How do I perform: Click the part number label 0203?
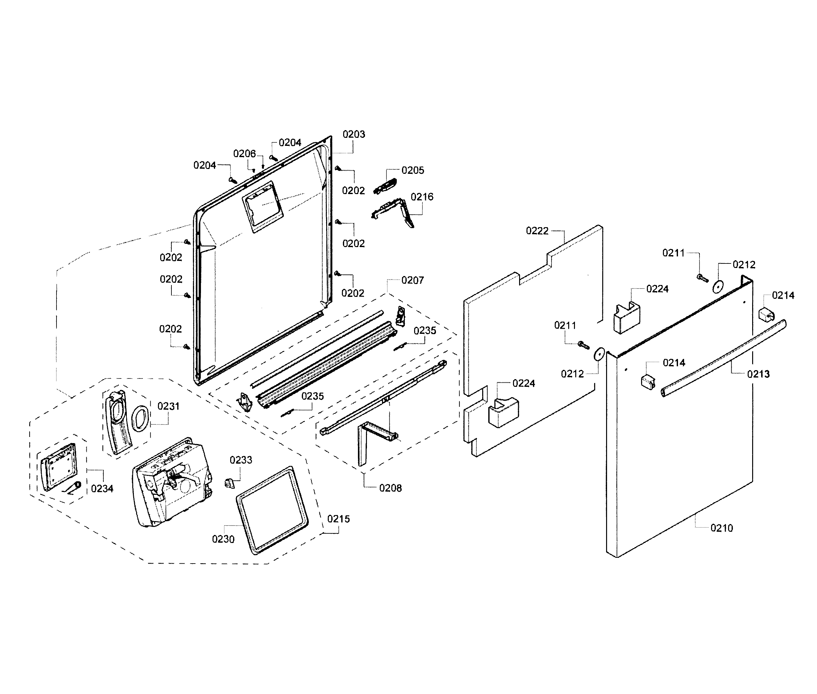[x=354, y=135]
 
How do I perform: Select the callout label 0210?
[x=722, y=528]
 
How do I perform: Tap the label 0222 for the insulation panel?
[x=537, y=231]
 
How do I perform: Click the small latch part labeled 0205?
[x=386, y=186]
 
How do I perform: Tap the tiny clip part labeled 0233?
[x=230, y=482]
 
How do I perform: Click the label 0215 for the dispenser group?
[x=338, y=519]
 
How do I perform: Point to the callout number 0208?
[x=390, y=488]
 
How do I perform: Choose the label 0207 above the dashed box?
[x=412, y=280]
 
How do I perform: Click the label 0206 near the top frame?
[x=244, y=154]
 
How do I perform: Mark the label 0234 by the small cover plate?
[x=102, y=489]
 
